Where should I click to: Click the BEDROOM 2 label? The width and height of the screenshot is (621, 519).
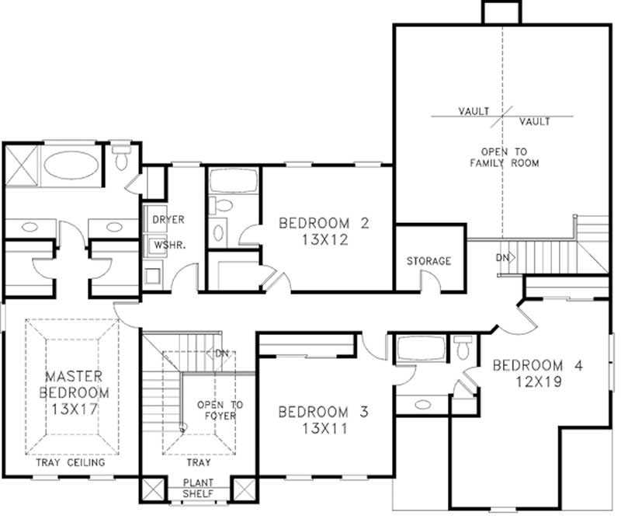tap(323, 224)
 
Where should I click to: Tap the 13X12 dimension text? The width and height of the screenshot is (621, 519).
tap(323, 240)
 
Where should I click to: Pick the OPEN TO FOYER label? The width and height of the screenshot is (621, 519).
tap(220, 410)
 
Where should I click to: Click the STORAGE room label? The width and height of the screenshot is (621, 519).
tap(428, 261)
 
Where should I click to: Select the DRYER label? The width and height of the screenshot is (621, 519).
tap(168, 220)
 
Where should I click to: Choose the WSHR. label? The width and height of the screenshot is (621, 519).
tap(168, 245)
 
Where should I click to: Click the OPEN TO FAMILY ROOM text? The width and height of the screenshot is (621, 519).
tap(504, 157)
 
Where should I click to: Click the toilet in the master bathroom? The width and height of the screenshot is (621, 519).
tap(121, 158)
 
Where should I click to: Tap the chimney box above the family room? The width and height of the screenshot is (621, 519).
tap(501, 12)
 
